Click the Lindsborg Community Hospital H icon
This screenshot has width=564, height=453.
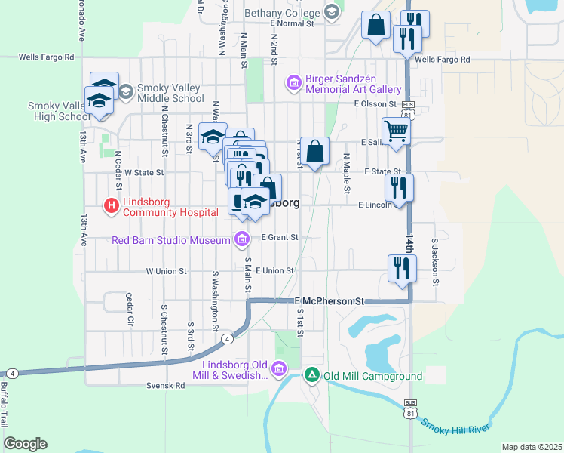click(x=112, y=205)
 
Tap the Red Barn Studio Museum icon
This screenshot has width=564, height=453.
click(x=242, y=240)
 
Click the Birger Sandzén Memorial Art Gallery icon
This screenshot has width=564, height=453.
click(x=294, y=81)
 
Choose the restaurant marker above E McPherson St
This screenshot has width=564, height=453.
click(x=402, y=267)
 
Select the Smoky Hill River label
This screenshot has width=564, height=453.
click(x=455, y=427)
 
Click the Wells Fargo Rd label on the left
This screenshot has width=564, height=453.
click(x=47, y=57)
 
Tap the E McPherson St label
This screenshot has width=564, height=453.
click(x=330, y=300)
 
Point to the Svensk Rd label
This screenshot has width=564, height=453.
click(x=166, y=385)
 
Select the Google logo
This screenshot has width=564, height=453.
click(x=25, y=444)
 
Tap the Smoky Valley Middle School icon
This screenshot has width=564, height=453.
click(x=125, y=91)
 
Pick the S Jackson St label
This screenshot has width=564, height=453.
click(x=435, y=263)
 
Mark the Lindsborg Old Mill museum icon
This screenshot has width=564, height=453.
click(x=279, y=369)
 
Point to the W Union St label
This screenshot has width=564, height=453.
click(x=166, y=270)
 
